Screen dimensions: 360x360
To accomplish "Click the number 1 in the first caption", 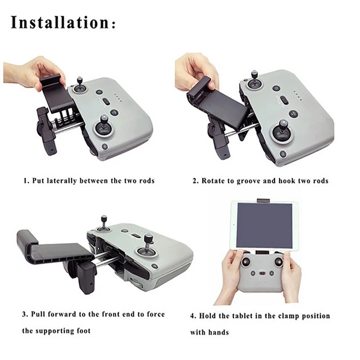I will pyautogui.click(x=26, y=181).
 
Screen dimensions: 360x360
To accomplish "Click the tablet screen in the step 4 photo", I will pyautogui.click(x=264, y=225).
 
